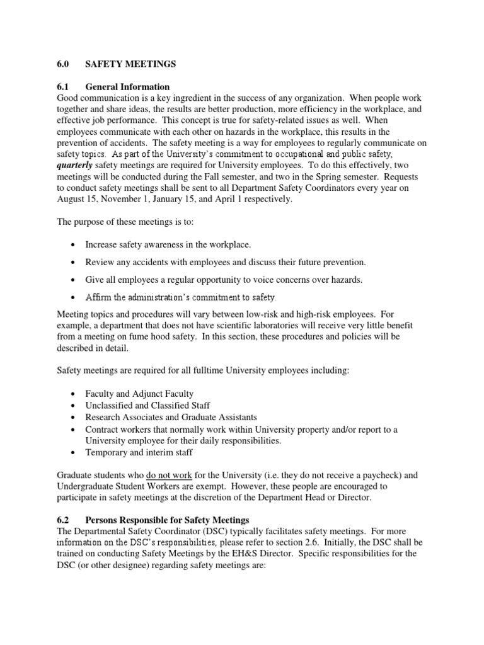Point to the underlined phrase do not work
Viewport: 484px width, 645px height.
point(169,476)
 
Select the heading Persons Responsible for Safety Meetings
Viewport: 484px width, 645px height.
point(168,520)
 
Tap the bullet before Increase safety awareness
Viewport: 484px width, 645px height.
point(74,244)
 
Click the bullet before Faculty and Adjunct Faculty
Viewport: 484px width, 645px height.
point(74,394)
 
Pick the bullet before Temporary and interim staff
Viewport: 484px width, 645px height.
point(74,452)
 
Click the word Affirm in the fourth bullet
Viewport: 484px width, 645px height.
point(99,297)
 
